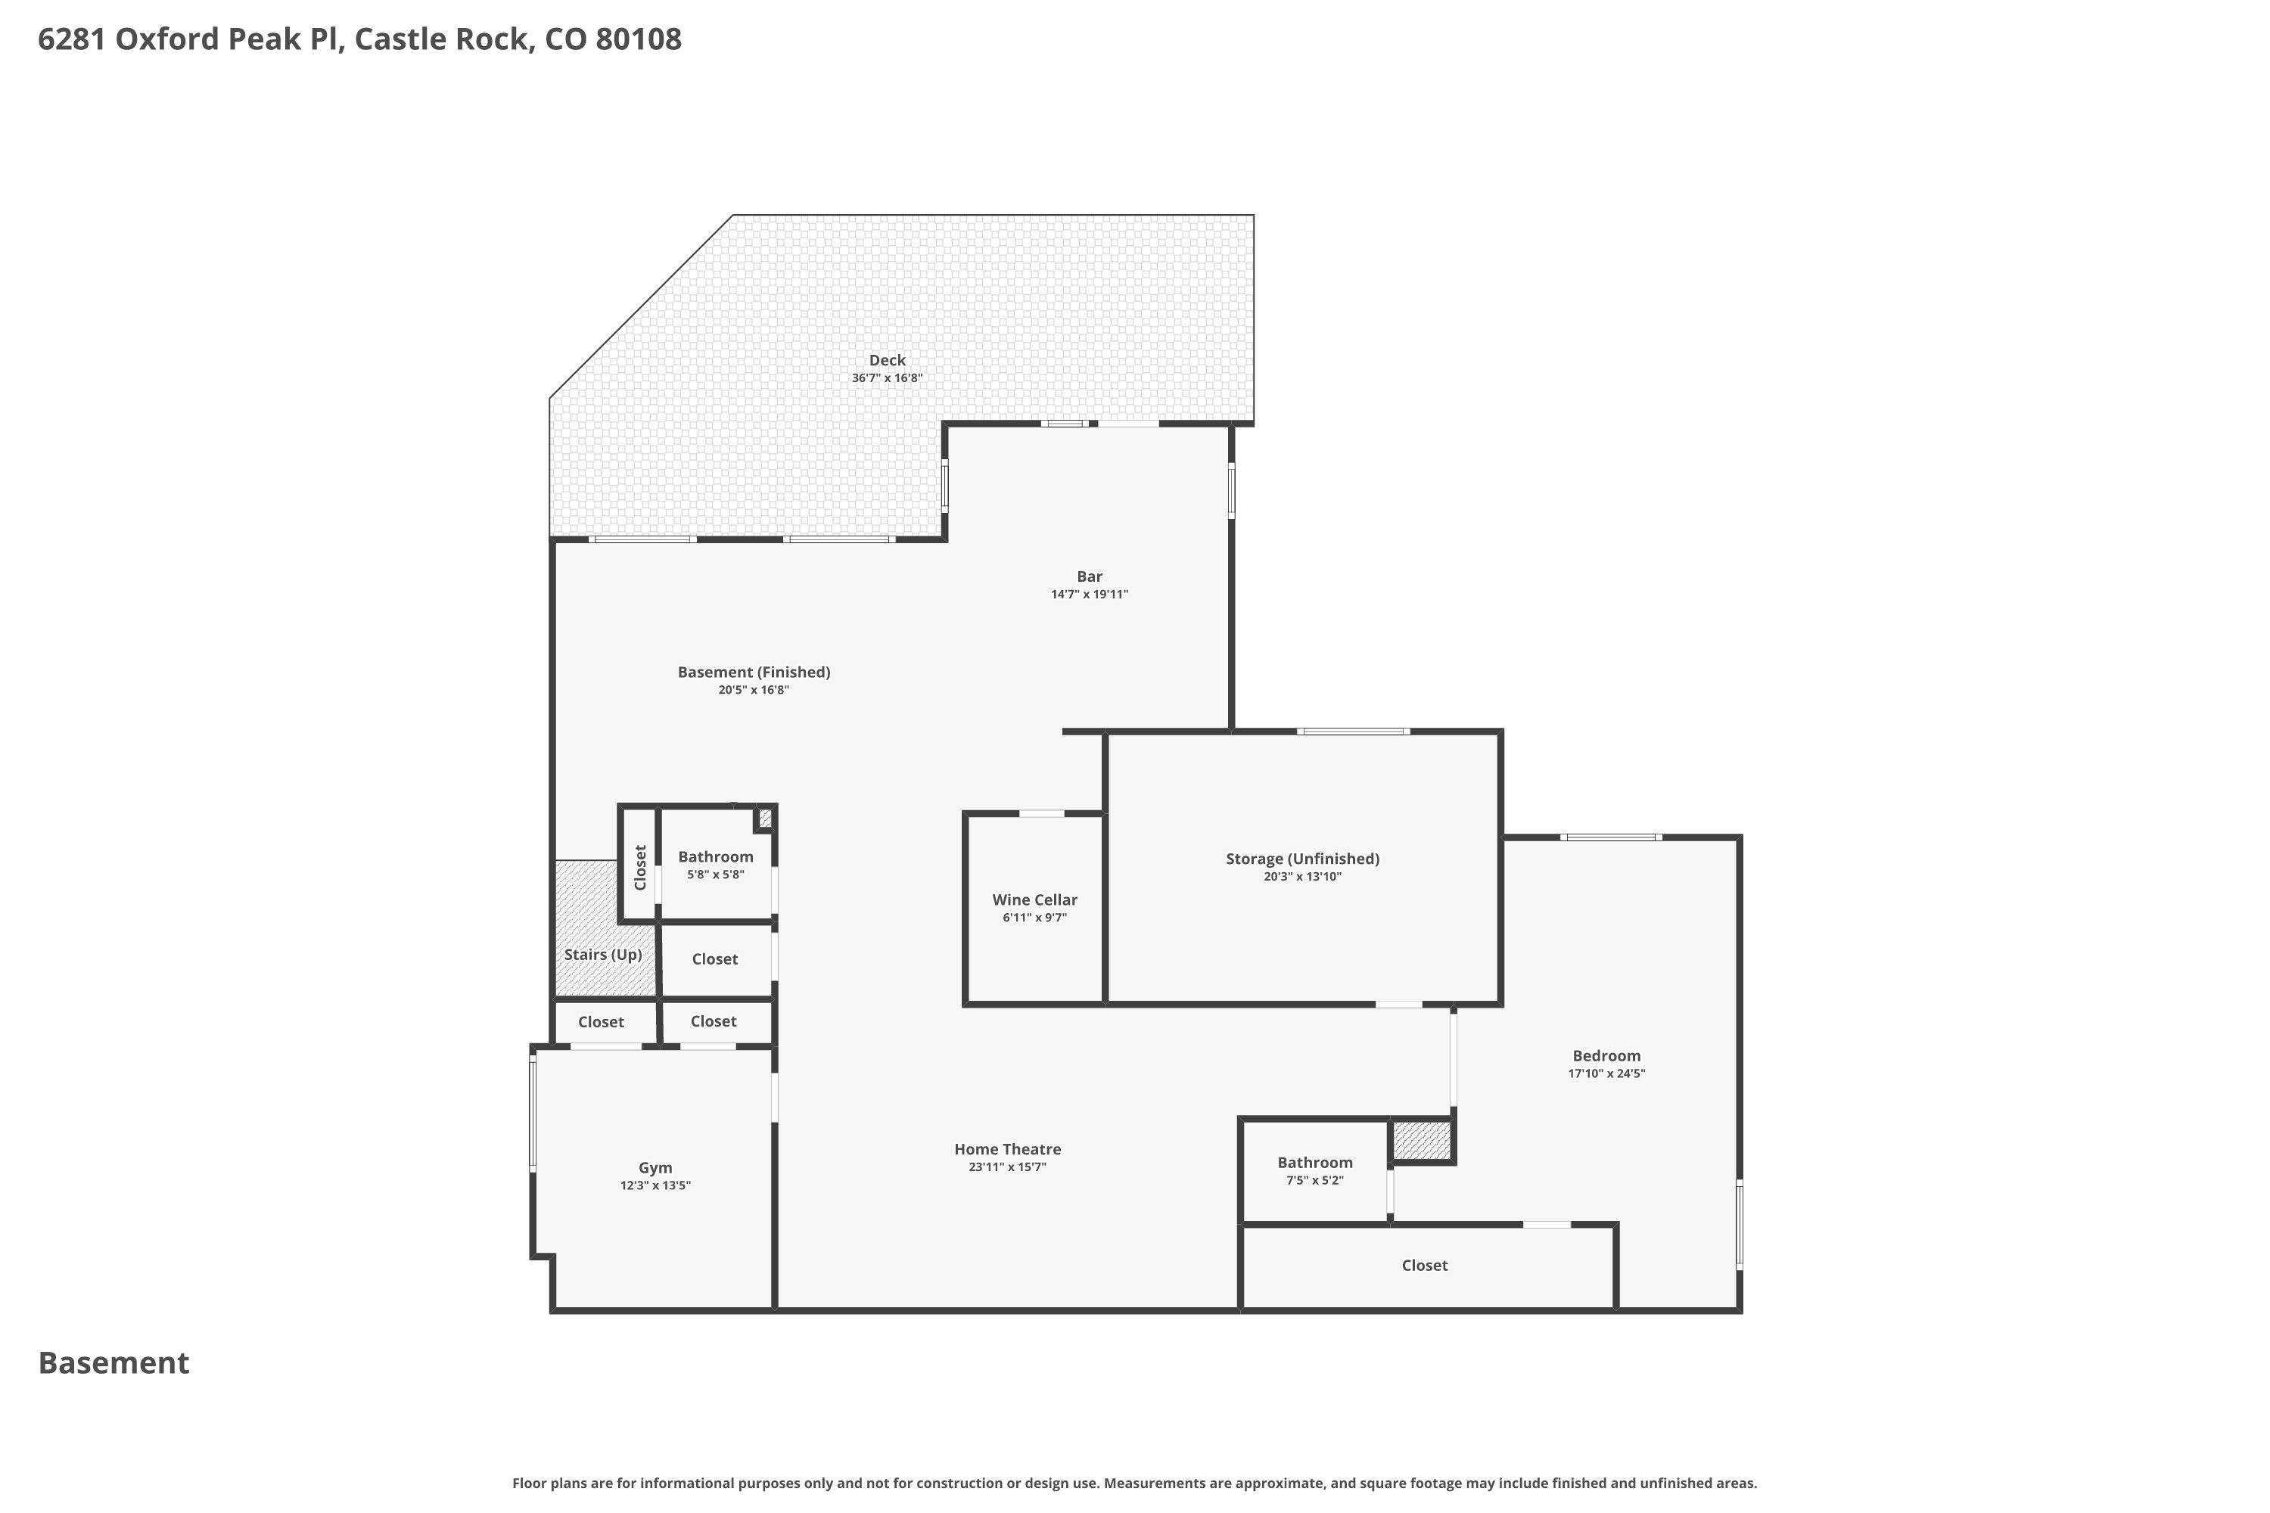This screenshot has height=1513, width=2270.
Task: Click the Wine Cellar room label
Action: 1034,900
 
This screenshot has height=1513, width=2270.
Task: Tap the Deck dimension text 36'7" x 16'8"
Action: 887,378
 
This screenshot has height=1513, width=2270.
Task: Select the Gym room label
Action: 655,1167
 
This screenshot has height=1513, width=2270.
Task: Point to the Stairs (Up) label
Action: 603,954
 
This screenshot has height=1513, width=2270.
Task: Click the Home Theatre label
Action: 1008,1149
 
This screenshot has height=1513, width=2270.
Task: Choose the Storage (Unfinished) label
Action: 1303,859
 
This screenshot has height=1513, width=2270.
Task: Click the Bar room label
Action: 1090,576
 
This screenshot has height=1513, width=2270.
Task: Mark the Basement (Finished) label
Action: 754,673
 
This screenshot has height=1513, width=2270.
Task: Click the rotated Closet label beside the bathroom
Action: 640,868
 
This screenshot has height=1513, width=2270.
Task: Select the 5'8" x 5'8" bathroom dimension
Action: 716,875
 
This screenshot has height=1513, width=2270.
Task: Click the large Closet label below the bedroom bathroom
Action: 1425,1265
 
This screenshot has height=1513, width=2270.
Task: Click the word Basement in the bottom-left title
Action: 114,1362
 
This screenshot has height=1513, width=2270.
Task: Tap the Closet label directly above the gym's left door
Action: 602,1022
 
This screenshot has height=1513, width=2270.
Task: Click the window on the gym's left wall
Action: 533,1113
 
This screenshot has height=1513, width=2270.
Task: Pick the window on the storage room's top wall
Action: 1353,732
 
